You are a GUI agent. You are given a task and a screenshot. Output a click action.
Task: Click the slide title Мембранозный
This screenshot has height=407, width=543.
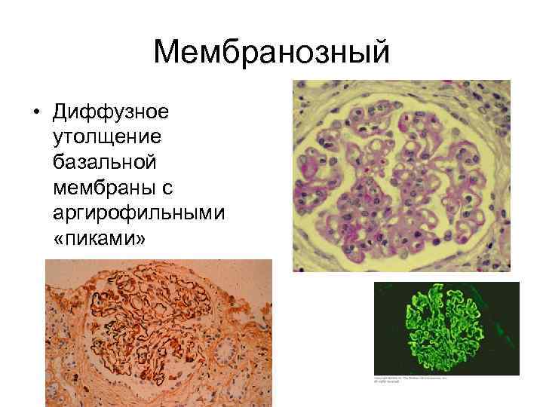(271, 53)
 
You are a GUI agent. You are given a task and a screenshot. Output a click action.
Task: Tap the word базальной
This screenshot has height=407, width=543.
(104, 162)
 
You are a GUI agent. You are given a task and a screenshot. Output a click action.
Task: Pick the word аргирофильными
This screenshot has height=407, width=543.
(138, 212)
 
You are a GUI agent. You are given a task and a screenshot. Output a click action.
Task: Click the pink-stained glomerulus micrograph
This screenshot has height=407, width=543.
(401, 176)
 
